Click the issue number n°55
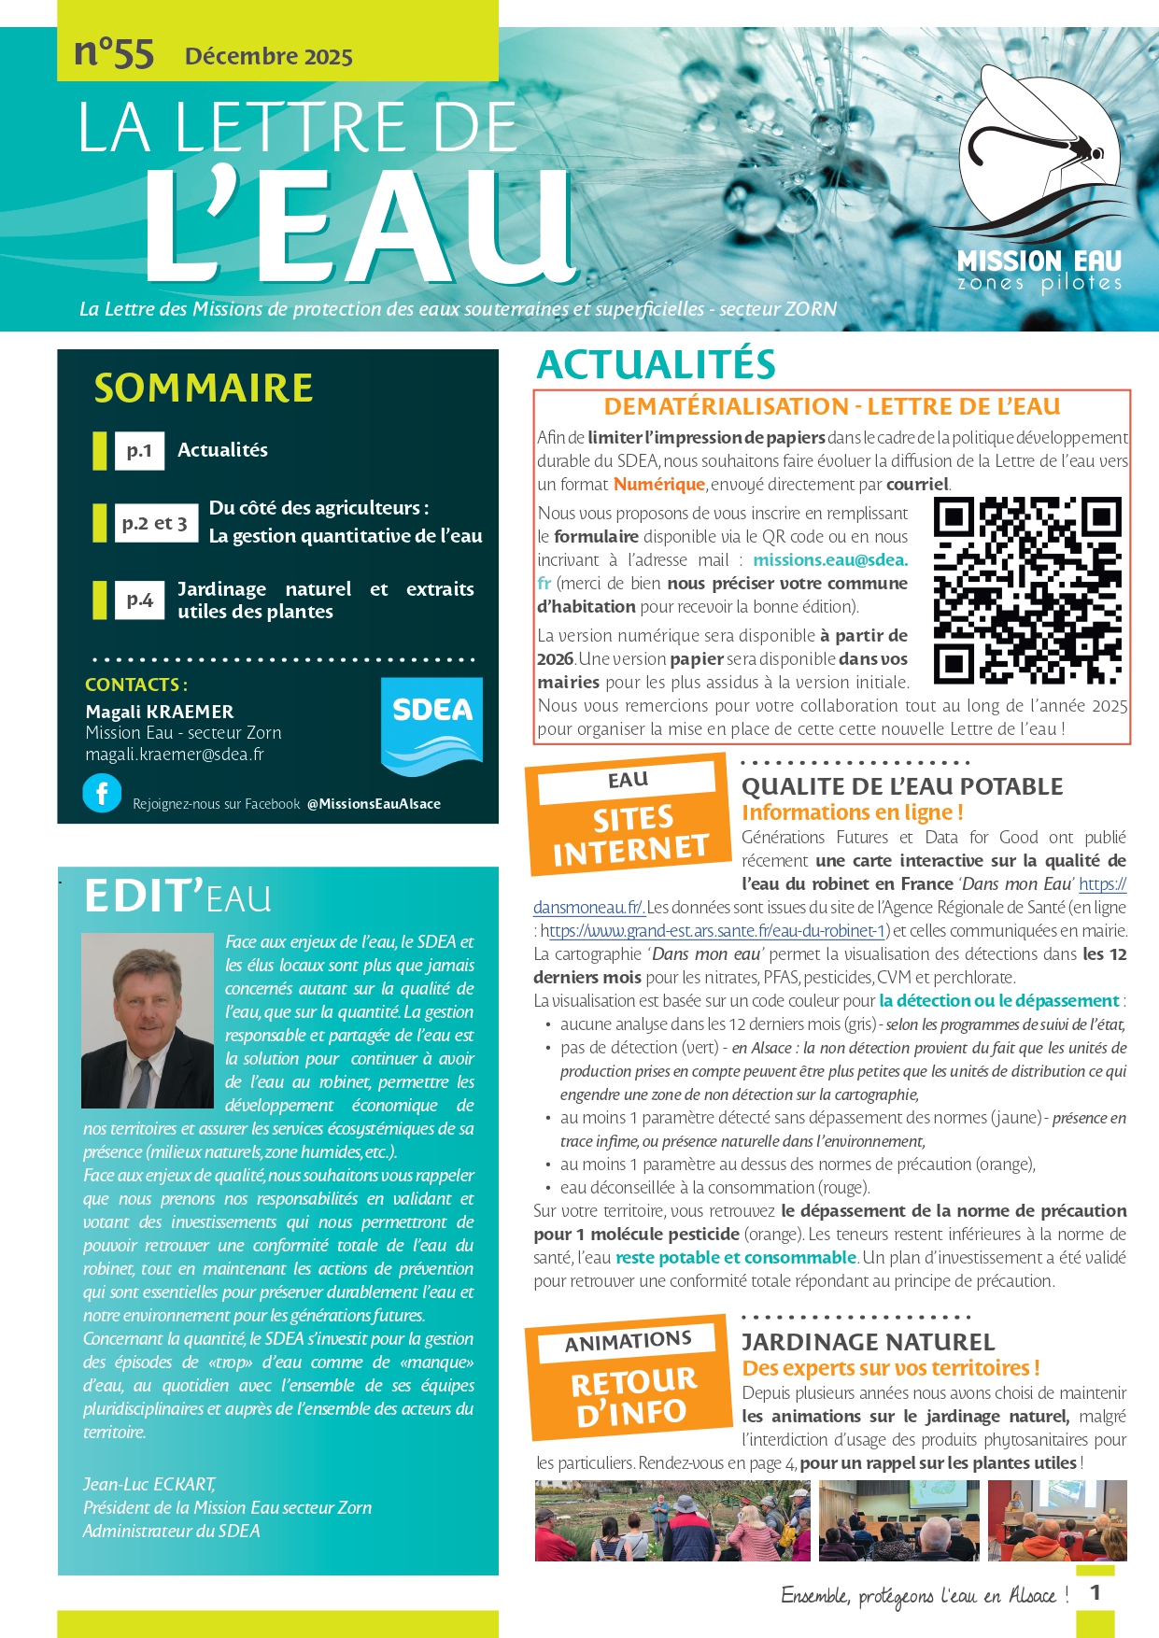114,53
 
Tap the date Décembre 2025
268,56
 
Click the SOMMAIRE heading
204,388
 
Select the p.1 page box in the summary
139,450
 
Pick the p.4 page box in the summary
139,600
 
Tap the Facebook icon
102,794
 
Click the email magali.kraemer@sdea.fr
175,755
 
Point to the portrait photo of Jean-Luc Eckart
148,1020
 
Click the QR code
1027,590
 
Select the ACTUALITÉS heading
657,364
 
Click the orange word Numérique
658,484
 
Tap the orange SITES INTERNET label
629,833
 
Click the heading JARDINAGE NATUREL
868,1342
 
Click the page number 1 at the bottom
1095,1592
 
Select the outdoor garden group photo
672,1520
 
